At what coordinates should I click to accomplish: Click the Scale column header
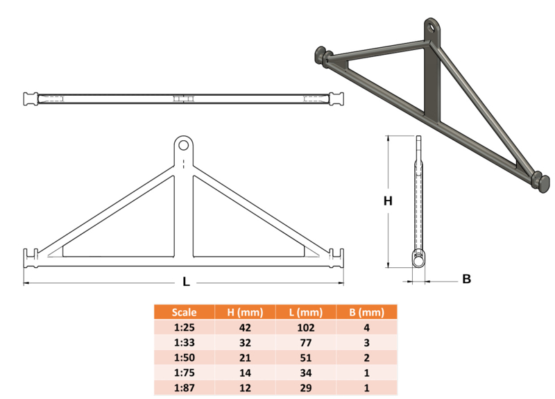point(184,312)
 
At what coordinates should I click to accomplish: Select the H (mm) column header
point(245,312)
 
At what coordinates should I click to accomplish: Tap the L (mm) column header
point(306,312)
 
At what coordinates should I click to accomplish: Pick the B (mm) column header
point(367,312)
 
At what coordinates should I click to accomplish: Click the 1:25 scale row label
point(184,328)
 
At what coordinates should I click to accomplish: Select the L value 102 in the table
point(306,328)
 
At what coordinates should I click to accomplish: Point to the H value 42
point(245,328)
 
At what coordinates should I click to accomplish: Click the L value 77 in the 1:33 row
point(306,343)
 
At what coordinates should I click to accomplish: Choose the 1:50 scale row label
point(184,357)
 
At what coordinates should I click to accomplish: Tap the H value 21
point(245,357)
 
